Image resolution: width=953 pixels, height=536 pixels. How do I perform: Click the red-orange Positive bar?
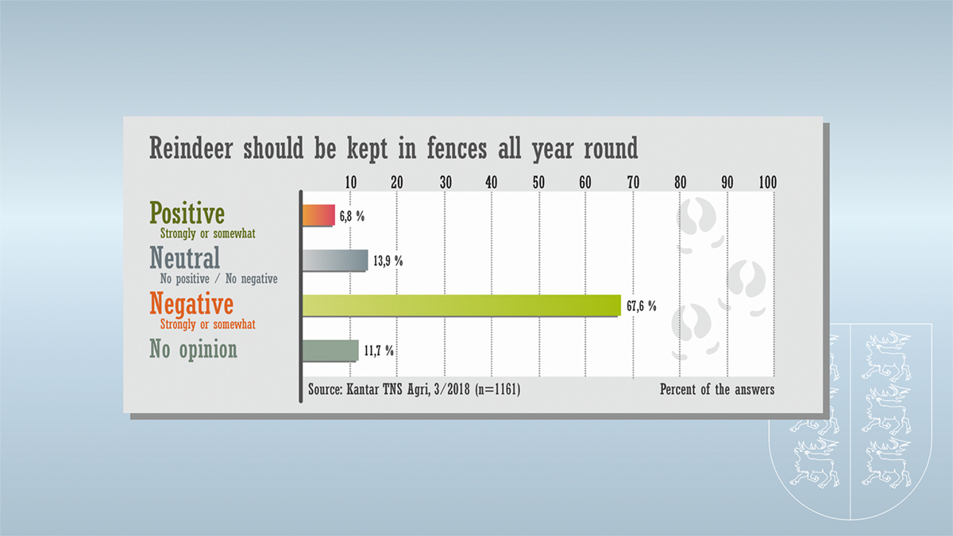(318, 215)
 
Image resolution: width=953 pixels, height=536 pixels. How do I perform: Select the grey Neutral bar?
(335, 260)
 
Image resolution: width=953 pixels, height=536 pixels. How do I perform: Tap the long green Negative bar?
(461, 306)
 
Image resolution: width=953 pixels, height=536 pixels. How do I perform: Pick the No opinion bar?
(330, 351)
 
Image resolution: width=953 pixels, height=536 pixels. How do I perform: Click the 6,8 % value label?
(352, 217)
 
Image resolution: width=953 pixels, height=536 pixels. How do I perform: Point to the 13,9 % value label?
(388, 260)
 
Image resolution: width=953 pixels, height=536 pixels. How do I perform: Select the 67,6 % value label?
(642, 306)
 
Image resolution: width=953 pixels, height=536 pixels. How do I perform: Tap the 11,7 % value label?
(379, 351)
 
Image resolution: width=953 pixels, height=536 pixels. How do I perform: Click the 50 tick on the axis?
(538, 183)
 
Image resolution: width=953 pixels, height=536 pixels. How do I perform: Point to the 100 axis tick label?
(768, 183)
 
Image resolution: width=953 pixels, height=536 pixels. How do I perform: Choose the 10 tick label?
(350, 183)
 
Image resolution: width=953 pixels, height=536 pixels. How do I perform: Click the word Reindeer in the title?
(191, 148)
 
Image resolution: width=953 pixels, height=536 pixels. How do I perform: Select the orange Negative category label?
(191, 303)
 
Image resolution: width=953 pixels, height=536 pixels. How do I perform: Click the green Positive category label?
(187, 212)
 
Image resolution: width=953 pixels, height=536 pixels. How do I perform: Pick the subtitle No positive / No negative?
(218, 279)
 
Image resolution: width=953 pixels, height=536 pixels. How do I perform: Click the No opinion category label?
(193, 349)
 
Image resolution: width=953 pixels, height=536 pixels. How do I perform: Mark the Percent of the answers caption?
(717, 389)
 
